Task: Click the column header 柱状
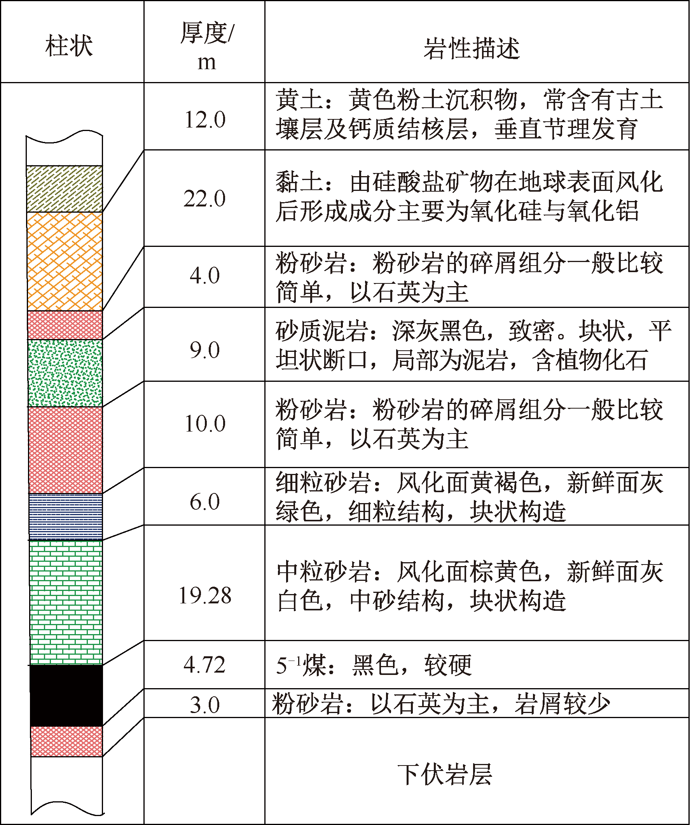(69, 45)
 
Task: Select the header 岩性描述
(472, 48)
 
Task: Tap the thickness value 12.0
(204, 119)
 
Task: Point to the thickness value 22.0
(204, 198)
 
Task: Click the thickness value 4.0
(204, 275)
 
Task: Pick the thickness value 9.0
(204, 350)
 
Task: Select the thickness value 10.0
(204, 423)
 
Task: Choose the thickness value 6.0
(204, 502)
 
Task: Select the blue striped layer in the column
(66, 516)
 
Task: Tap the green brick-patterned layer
(66, 603)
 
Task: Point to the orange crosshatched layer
(65, 261)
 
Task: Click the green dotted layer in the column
(65, 373)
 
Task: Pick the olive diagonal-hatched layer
(64, 189)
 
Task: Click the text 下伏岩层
(445, 774)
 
